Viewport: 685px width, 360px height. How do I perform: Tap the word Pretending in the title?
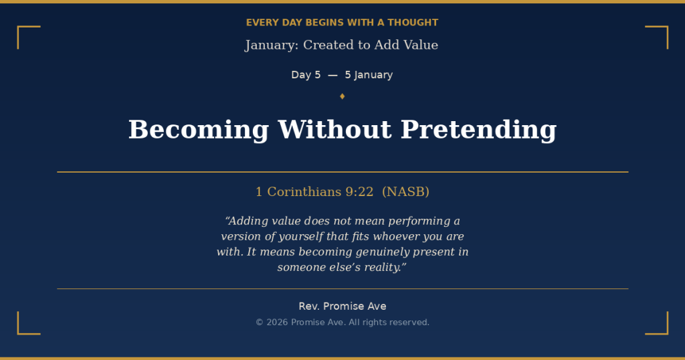point(478,130)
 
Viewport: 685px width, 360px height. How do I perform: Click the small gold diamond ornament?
point(342,96)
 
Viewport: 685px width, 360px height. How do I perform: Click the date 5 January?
point(369,75)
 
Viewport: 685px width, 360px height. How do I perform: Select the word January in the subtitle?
point(271,46)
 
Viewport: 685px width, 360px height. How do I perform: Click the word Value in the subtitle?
point(420,46)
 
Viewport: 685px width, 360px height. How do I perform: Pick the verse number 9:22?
point(359,192)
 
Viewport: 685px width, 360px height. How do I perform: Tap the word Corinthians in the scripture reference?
point(304,192)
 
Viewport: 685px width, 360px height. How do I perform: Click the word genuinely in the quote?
point(374,252)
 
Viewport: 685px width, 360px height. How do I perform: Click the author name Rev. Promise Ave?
point(342,306)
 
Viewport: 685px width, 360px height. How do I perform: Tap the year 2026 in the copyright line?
point(277,323)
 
